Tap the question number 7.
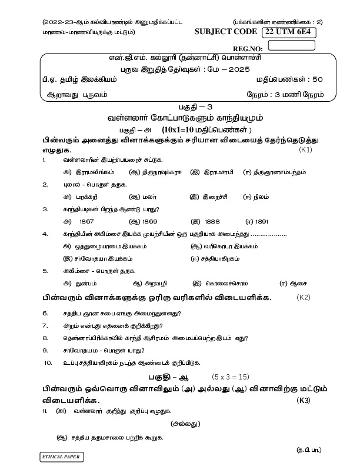[45, 325]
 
